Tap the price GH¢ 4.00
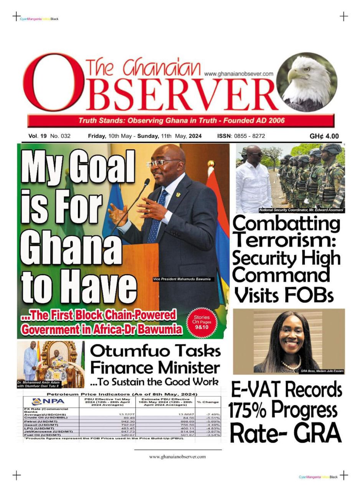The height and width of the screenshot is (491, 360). click(324, 136)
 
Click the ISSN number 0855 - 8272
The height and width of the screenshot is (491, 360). click(248, 136)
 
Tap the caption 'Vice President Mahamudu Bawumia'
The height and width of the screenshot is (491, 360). click(182, 279)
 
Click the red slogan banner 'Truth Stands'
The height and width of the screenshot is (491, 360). click(181, 120)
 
